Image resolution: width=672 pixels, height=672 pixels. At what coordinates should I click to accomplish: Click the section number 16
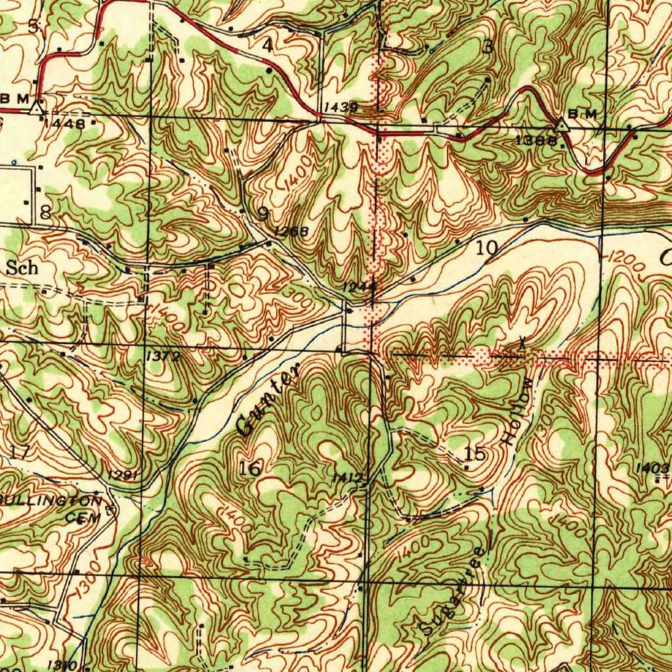tap(250, 468)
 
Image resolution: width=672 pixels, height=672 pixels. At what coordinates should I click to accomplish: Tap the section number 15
tap(474, 453)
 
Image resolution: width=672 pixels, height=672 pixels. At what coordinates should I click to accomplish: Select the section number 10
tap(487, 247)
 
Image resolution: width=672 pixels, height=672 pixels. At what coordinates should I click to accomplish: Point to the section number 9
tap(263, 213)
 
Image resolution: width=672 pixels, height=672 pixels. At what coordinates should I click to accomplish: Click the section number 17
tap(20, 451)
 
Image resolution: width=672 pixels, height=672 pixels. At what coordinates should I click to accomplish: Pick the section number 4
tap(266, 45)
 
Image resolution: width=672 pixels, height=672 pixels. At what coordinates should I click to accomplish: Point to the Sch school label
tap(22, 268)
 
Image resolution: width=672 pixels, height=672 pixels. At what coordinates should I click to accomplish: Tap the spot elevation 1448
tap(66, 123)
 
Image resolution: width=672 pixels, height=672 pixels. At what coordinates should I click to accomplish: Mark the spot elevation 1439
tap(340, 106)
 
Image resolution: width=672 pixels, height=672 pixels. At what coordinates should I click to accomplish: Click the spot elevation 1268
tap(291, 230)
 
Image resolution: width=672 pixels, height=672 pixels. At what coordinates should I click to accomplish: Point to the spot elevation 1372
tap(162, 355)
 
